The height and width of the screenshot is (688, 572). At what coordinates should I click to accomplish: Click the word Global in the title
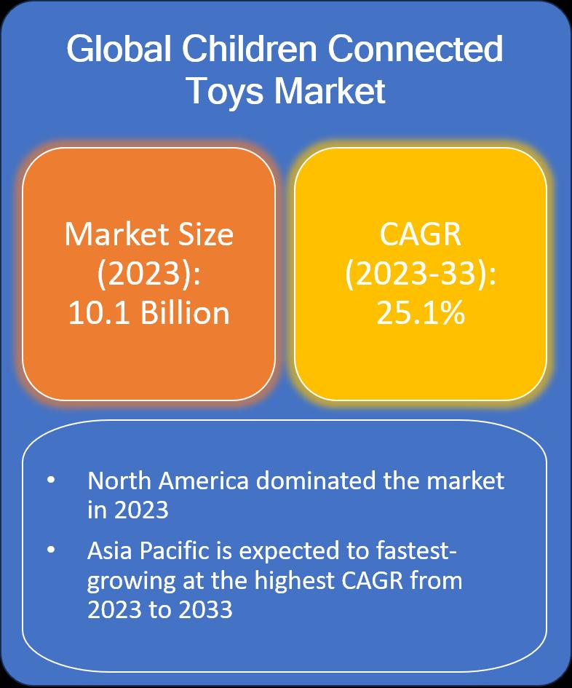click(119, 49)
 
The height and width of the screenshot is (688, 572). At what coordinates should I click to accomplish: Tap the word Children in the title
click(249, 49)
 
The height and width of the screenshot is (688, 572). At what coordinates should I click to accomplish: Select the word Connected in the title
click(415, 49)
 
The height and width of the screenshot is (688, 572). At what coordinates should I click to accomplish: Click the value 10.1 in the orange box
click(99, 313)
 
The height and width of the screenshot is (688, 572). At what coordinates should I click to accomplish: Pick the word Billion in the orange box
click(185, 312)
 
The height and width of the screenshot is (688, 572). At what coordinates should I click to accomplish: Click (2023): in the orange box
click(148, 274)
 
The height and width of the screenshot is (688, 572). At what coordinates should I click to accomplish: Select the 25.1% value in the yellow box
click(421, 313)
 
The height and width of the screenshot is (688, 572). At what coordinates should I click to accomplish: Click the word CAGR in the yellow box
click(420, 234)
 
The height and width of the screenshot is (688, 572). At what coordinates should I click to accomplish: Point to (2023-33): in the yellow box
click(421, 274)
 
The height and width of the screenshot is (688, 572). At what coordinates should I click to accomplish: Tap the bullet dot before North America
click(52, 480)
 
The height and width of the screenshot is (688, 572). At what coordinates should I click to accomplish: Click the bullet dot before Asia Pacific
click(52, 550)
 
